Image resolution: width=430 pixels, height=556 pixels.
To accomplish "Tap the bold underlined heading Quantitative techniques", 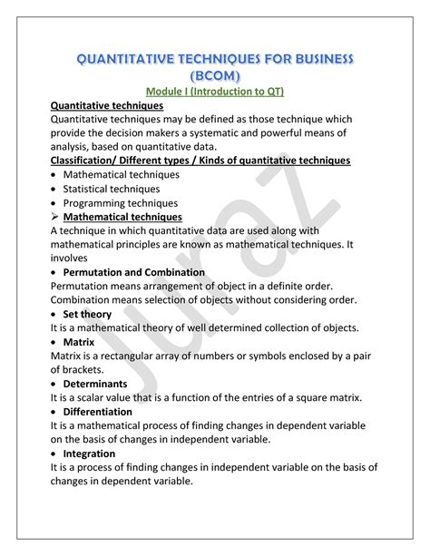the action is point(107,106).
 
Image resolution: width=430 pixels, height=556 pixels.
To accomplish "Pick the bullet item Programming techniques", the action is point(126,203).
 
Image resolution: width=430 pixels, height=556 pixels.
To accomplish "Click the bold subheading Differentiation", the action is point(110,412).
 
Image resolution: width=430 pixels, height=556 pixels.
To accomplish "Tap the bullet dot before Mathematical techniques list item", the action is point(55,175).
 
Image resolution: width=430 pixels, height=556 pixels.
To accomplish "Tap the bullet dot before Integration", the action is point(55,454).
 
